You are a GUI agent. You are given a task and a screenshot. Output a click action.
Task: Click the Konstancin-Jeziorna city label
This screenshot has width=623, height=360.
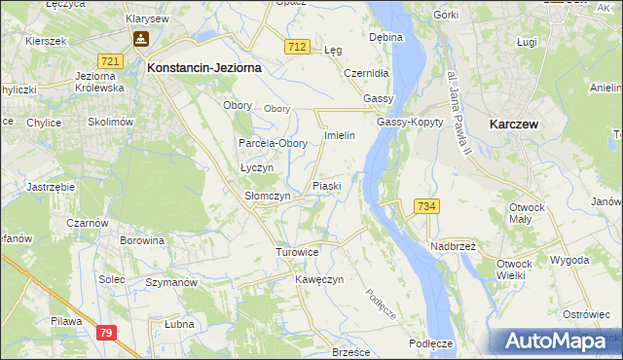(202, 69)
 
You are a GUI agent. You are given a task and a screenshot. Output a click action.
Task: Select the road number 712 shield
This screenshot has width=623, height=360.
(298, 47)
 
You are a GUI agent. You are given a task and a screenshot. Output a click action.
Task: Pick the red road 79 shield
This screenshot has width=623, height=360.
(108, 333)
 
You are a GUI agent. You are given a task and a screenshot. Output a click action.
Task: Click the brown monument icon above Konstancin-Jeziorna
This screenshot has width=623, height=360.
(141, 40)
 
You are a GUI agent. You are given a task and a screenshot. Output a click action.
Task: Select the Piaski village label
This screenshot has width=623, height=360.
(326, 186)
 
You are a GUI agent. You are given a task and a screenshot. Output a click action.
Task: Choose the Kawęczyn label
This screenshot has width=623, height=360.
(319, 280)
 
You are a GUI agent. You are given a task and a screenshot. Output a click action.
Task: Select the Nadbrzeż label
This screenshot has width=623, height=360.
(452, 246)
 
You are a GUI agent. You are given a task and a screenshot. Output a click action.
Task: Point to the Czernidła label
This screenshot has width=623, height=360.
(367, 73)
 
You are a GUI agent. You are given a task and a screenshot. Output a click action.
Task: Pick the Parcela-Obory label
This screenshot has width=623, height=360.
(274, 143)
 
